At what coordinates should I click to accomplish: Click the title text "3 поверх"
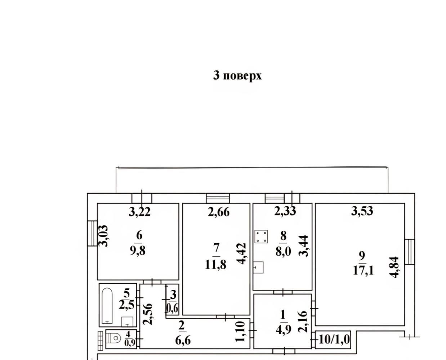(237, 76)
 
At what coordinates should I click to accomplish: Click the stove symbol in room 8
(261, 237)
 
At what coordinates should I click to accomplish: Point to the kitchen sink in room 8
(258, 267)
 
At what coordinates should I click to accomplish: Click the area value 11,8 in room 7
(216, 265)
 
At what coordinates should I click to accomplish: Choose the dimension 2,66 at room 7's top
(219, 212)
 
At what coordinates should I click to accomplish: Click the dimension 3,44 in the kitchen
(303, 246)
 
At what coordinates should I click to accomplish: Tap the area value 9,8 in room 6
(138, 251)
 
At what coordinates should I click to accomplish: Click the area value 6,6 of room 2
(183, 341)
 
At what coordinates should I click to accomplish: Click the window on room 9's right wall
(410, 252)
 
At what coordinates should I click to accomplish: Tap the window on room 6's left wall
(92, 233)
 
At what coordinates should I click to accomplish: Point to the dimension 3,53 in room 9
(362, 211)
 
